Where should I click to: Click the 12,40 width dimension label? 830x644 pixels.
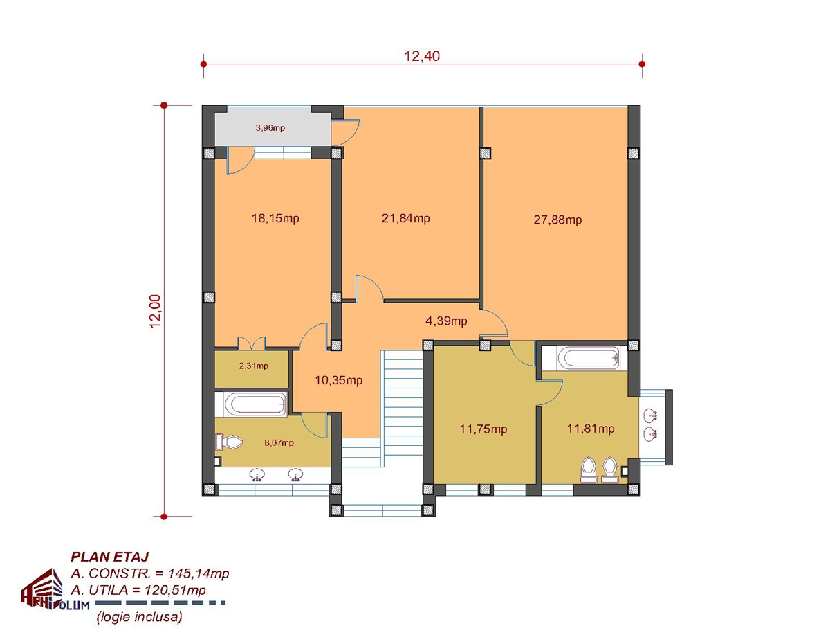pos(422,56)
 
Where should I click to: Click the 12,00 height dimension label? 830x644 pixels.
pos(156,311)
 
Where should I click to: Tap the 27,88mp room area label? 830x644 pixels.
pos(557,220)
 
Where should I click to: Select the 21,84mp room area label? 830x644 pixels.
pos(405,218)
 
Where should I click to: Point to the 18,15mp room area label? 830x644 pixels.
pos(275,218)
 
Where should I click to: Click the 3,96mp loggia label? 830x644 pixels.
pos(270,127)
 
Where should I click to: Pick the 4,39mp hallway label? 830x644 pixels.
pos(446,321)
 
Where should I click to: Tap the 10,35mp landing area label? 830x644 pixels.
pos(338,380)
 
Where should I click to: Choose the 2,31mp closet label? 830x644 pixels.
pos(254,366)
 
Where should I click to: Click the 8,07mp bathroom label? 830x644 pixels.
pos(279,443)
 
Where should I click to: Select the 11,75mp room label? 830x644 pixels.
pos(483,429)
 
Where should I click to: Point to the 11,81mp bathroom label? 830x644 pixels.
pos(591,429)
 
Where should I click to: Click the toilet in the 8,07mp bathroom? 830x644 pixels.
pos(229,442)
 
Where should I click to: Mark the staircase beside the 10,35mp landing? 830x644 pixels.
pos(402,409)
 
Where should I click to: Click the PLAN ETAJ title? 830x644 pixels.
pos(110,557)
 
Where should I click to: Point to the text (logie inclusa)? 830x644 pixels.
pos(139,617)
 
